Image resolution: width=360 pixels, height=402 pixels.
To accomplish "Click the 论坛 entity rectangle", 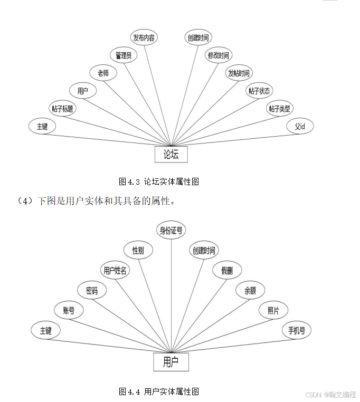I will click(x=171, y=154).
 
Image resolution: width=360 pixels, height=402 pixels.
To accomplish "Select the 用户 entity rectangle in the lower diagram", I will click(x=170, y=362).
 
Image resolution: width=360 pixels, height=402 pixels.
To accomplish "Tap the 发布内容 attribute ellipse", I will click(x=144, y=37).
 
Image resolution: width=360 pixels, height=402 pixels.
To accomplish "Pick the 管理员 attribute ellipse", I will click(x=124, y=55).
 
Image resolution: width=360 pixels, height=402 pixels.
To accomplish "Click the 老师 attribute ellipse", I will click(x=103, y=73).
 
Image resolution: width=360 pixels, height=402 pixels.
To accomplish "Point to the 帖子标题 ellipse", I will click(x=62, y=109).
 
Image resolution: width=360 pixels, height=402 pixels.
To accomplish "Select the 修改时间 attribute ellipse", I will click(x=219, y=55).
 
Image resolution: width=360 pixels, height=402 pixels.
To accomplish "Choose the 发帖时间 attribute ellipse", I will click(x=239, y=73).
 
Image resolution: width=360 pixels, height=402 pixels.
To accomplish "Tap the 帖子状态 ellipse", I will click(x=260, y=91).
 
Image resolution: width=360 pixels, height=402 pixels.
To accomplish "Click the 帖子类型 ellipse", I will click(x=279, y=109).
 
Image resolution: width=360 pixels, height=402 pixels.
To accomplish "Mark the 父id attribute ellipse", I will click(x=300, y=127).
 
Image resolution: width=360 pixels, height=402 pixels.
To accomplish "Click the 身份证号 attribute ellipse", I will click(x=172, y=230).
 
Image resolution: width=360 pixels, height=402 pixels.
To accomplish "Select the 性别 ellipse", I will click(x=138, y=250).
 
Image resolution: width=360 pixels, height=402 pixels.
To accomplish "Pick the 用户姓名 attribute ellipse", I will click(x=115, y=270).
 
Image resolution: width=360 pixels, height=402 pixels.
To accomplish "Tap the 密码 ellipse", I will click(x=91, y=290).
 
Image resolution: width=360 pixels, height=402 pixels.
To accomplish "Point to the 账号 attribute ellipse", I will click(x=69, y=310).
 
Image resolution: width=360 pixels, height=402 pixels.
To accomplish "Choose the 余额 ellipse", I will click(x=250, y=290).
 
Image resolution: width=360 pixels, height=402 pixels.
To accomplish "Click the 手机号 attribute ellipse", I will click(x=296, y=330).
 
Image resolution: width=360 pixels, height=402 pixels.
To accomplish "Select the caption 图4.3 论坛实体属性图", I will click(x=159, y=181).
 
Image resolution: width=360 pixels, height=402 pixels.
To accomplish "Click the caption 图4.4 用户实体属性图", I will click(x=159, y=391).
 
